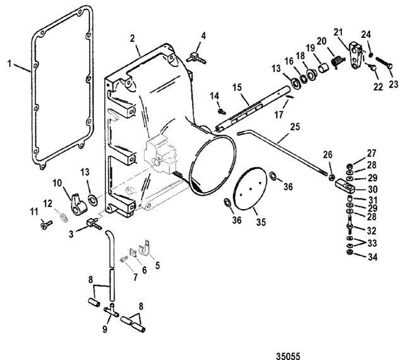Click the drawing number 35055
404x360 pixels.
288,356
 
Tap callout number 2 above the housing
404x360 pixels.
133,39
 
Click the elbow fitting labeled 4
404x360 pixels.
196,57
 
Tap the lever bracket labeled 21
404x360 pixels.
356,56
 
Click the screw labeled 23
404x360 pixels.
384,63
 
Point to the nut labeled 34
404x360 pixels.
350,252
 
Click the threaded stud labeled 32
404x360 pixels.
349,224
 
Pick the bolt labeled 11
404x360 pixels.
46,224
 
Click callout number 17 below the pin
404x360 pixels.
279,115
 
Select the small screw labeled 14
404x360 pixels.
222,112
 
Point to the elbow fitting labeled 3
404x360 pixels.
95,224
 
